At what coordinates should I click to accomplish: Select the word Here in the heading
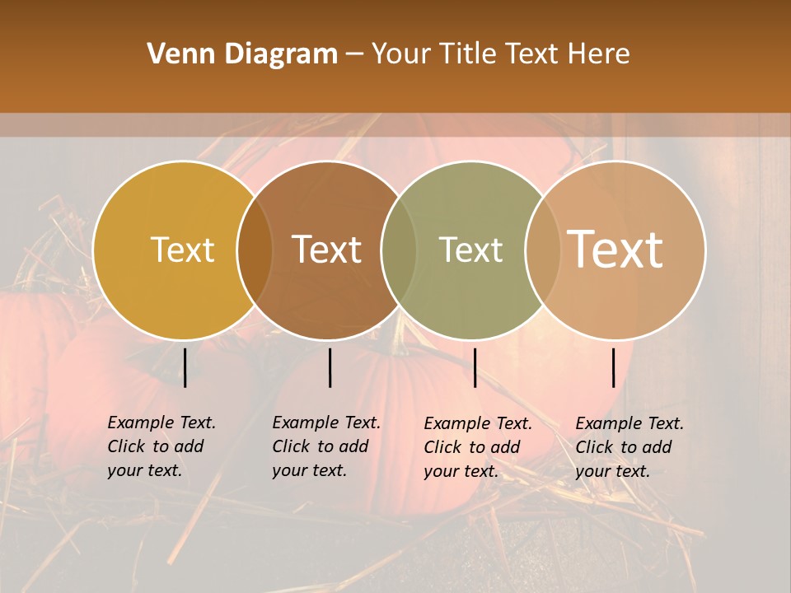tap(598, 54)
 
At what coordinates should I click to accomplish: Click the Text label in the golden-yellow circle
tap(182, 250)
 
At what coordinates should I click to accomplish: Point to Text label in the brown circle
tap(327, 250)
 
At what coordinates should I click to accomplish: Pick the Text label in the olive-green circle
tap(471, 250)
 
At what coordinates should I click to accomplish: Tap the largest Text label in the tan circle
tap(615, 249)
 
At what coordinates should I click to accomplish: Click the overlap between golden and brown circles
tap(255, 250)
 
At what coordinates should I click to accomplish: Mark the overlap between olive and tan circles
tap(541, 250)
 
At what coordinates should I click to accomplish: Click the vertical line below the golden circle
tap(185, 367)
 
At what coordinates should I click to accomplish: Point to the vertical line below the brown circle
tap(330, 367)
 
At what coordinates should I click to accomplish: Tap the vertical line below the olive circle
tap(475, 367)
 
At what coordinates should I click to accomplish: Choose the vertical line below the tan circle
tap(614, 367)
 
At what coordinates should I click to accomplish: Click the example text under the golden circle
tap(161, 446)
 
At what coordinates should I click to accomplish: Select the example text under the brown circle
tap(326, 446)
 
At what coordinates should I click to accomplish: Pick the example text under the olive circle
tap(478, 447)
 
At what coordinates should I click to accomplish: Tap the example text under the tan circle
tap(630, 447)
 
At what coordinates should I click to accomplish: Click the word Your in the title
tap(402, 54)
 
